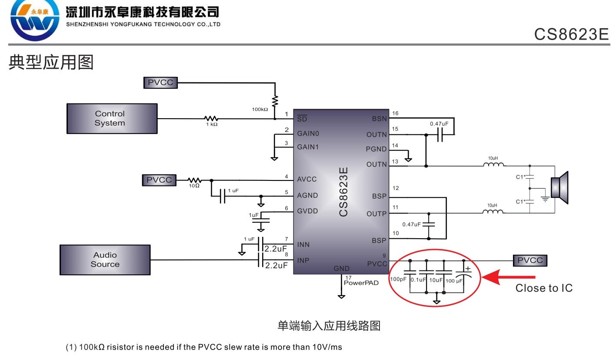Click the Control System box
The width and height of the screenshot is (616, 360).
point(112,118)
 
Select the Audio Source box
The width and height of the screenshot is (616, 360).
point(105,260)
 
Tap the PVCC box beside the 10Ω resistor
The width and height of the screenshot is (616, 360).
point(159,180)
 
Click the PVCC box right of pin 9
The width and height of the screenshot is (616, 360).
point(530,260)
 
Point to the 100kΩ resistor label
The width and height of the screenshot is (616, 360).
point(260,109)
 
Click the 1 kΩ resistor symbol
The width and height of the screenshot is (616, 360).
point(211,118)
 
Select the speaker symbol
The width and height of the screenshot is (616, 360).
point(559,188)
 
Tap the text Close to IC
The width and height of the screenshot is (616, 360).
point(544,288)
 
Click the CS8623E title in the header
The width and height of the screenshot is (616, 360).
point(571,34)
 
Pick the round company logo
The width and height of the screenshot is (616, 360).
point(35,20)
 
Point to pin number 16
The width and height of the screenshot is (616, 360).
point(395,113)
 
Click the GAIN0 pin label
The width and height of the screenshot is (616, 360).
point(308,133)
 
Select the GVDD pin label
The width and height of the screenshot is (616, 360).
point(307,211)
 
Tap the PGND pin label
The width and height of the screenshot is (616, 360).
point(376,149)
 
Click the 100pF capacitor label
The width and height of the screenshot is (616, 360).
point(398,280)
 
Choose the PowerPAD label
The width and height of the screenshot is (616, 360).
point(361,283)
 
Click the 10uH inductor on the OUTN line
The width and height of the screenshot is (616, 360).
point(493,165)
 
